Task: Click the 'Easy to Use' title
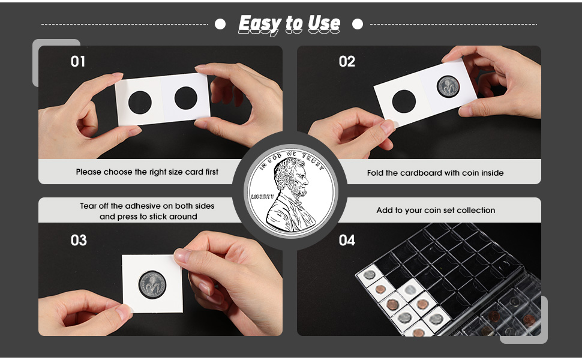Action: click(x=289, y=24)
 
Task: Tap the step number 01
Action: click(x=78, y=61)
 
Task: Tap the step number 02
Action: click(x=347, y=61)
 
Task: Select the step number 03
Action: click(x=79, y=240)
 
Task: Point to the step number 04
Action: click(x=347, y=240)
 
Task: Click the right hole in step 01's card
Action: click(x=185, y=98)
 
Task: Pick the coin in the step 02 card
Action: click(x=448, y=87)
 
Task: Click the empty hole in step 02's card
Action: click(x=404, y=101)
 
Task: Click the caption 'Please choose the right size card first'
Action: click(x=147, y=172)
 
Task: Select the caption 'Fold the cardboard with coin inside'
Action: click(x=435, y=173)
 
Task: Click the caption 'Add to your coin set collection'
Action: click(x=436, y=210)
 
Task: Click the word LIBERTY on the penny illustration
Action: click(x=262, y=196)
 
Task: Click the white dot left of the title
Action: click(x=220, y=24)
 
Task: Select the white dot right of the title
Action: click(x=358, y=24)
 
